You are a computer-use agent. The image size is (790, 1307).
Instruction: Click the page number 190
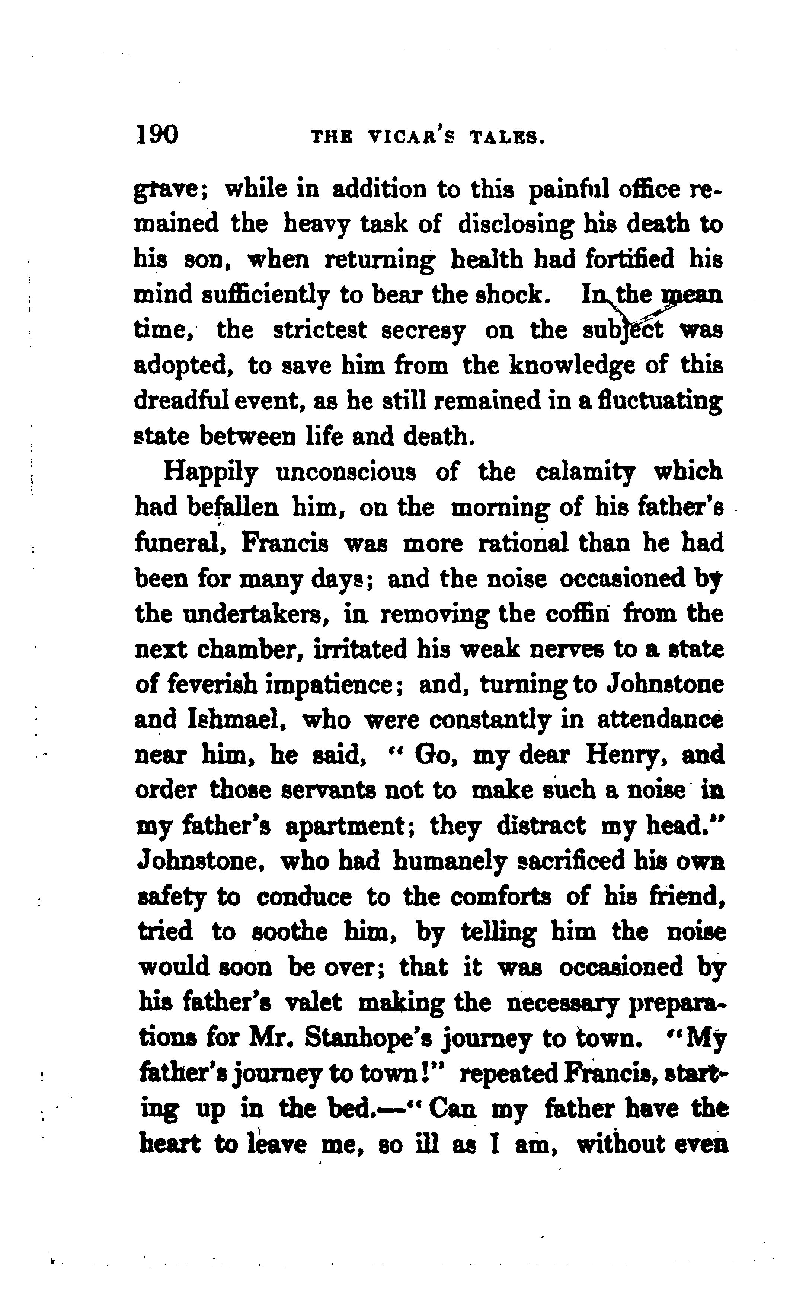click(157, 135)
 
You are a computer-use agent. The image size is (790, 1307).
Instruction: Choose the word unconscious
click(346, 472)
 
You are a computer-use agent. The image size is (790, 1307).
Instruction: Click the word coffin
click(578, 614)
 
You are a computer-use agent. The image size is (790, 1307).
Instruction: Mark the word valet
click(313, 1002)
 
